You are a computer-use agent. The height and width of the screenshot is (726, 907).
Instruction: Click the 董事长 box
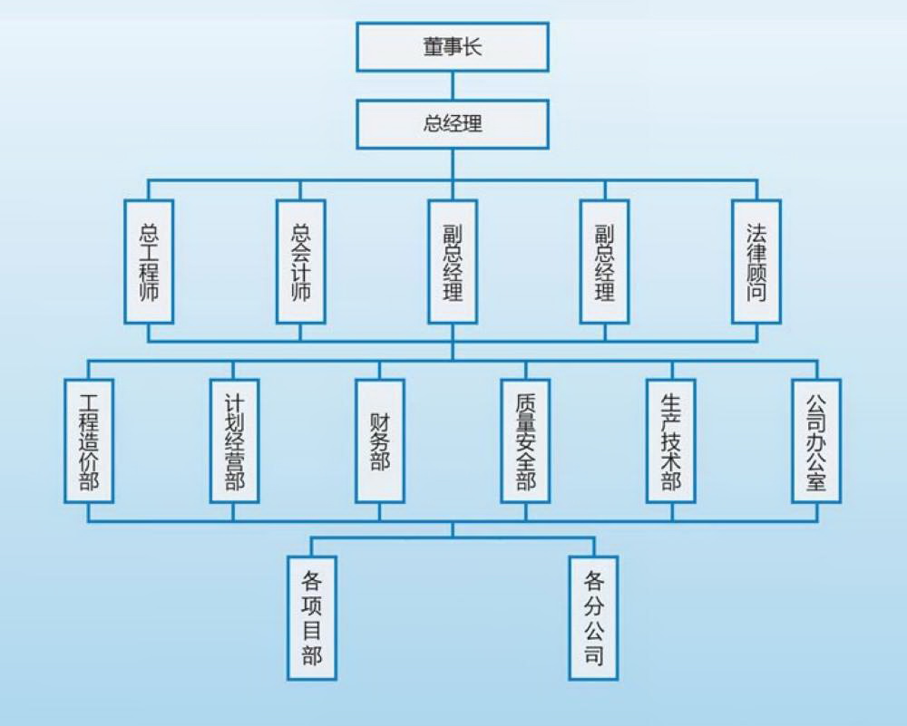point(452,47)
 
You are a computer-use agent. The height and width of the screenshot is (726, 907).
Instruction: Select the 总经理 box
point(452,124)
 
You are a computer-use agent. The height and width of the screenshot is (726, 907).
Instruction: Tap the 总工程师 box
point(149,262)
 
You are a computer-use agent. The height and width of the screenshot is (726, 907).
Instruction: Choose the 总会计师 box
point(301,262)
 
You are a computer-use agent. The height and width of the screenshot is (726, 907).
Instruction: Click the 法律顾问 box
point(756,262)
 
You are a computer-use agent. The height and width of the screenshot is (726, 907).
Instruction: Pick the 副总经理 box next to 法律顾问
point(605,262)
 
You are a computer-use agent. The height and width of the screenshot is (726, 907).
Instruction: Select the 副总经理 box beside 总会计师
point(453,262)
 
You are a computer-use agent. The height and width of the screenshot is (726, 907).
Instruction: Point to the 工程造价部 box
point(89,440)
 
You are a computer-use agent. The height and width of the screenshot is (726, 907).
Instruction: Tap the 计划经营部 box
point(234,440)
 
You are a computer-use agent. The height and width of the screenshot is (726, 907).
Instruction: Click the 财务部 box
point(380,440)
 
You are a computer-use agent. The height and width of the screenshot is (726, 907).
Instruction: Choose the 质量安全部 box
point(526,440)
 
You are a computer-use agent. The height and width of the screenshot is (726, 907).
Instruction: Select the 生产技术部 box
point(671,440)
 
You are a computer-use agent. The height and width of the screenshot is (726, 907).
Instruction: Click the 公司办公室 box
point(816,440)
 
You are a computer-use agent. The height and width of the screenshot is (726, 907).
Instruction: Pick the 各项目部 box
point(312,617)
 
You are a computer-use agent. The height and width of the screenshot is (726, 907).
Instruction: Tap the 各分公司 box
point(594,617)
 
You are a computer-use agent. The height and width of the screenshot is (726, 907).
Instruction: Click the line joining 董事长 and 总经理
point(453,85)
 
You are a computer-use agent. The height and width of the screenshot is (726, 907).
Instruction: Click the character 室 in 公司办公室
point(816,479)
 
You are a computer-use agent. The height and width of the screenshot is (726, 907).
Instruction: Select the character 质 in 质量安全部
point(526,402)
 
